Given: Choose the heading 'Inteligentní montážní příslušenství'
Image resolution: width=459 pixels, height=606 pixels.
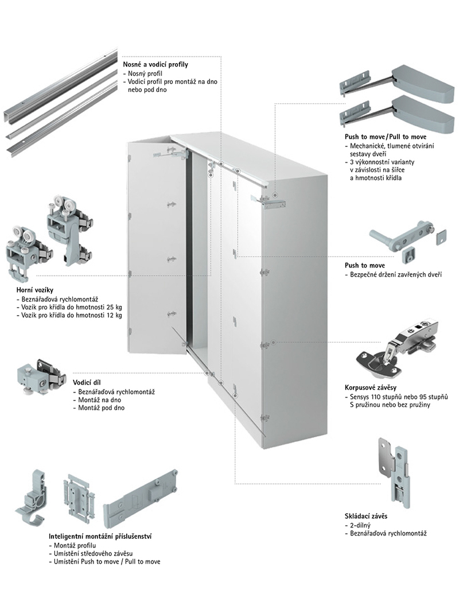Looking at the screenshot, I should pos(100,535).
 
